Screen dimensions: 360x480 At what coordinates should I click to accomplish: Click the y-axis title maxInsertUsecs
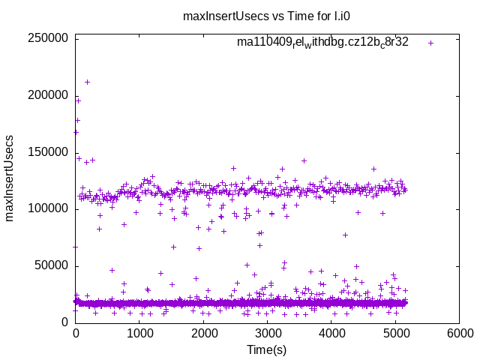click(x=10, y=178)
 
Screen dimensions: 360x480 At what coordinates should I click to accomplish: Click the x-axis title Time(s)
click(x=267, y=349)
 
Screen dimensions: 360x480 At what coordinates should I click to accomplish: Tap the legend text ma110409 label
click(x=322, y=42)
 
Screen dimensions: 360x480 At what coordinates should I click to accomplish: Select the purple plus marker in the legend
click(x=430, y=43)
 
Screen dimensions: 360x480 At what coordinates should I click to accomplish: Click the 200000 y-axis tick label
click(x=48, y=95)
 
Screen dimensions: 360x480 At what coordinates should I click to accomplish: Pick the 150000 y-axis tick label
click(x=48, y=152)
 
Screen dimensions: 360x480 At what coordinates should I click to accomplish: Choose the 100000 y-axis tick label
click(x=48, y=208)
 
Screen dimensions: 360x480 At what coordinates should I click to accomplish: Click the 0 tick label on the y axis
click(x=65, y=322)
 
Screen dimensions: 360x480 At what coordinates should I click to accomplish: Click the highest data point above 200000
click(x=87, y=82)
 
